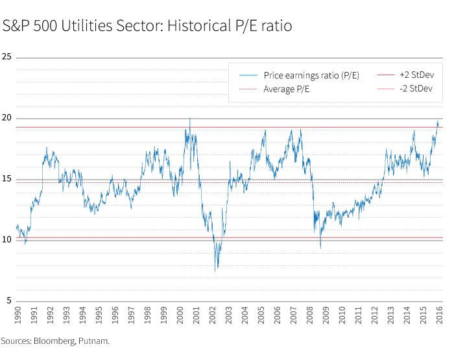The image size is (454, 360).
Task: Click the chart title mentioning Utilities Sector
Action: point(147,27)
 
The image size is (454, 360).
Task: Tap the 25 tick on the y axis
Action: point(8,57)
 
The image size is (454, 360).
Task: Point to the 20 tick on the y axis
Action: point(8,118)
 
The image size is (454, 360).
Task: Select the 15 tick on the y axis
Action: point(8,179)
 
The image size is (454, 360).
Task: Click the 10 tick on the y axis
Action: point(8,240)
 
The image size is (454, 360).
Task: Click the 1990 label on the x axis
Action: point(18,314)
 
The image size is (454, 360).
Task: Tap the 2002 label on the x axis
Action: point(213,314)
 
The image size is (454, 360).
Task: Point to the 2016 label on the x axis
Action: point(440,314)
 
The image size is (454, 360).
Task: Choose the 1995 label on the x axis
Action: point(99,314)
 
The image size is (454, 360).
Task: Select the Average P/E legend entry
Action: point(286,89)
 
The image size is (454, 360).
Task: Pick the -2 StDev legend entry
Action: point(416,89)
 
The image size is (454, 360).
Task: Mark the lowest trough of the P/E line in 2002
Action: point(216,270)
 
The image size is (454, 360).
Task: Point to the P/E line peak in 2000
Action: point(189,118)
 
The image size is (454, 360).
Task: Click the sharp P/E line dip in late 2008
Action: point(320,248)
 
